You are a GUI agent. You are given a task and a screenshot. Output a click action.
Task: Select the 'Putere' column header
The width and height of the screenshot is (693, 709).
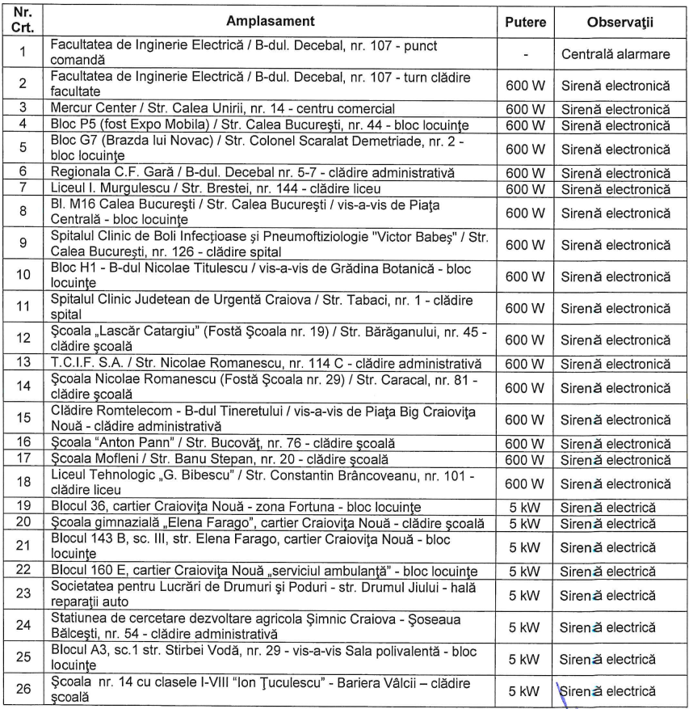[x=525, y=21]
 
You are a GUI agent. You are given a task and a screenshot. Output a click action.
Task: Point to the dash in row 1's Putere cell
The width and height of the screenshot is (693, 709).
[x=525, y=53]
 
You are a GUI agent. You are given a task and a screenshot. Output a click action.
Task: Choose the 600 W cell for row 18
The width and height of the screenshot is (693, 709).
[x=525, y=483]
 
